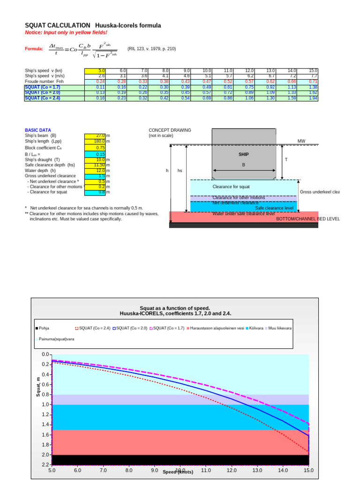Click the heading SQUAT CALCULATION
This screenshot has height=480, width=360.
[x=57, y=25]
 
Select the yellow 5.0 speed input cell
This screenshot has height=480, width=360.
[x=95, y=70]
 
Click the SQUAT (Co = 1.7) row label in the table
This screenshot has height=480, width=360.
[x=43, y=87]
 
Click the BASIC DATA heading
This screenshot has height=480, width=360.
[x=38, y=130]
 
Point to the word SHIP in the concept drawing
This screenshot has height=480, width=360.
[x=244, y=154]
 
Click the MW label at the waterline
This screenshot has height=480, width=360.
[x=301, y=141]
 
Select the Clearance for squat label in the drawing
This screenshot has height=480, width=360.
[x=231, y=187]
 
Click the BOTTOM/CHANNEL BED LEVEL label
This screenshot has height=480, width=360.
[x=307, y=219]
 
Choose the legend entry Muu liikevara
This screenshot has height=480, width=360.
[x=280, y=328]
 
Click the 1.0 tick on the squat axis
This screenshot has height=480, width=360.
[x=45, y=405]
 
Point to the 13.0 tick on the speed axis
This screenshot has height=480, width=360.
[x=257, y=470]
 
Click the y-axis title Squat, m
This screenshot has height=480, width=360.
[x=38, y=387]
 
